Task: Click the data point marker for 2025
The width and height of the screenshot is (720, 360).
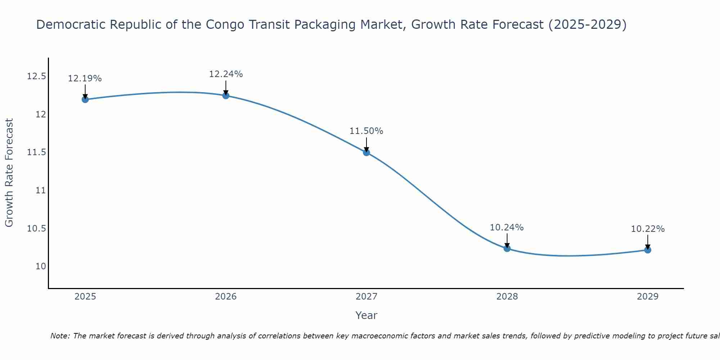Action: point(85,99)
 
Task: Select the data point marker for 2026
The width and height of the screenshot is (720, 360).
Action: point(226,95)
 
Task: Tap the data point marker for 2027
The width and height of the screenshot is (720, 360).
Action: point(366,152)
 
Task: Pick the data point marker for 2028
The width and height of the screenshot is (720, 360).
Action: point(507,248)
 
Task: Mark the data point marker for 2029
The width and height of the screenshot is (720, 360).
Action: point(648,250)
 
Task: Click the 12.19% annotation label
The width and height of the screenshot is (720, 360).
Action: point(85,78)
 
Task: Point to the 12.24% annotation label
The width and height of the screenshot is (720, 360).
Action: point(226,74)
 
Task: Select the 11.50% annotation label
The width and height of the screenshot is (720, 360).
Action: point(366,131)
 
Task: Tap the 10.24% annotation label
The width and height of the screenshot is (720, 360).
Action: point(507,228)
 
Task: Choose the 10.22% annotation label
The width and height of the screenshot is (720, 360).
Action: point(648,229)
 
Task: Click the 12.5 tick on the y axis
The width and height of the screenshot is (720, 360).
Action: point(37,76)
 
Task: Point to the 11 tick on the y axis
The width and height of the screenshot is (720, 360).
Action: point(41,190)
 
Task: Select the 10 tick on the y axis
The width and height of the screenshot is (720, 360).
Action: point(41,266)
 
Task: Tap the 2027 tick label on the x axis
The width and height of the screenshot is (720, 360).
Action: point(366,297)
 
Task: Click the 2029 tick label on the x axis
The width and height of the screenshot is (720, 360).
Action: point(648,297)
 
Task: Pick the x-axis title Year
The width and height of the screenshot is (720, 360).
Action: point(366,315)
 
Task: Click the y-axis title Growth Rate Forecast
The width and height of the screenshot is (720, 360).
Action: point(9,173)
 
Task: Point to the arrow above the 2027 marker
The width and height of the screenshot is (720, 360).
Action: point(366,145)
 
